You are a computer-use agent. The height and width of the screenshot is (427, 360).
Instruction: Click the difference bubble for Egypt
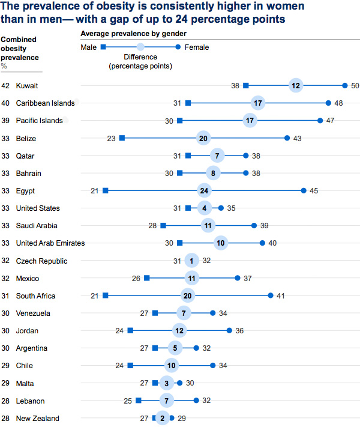pos(204,191)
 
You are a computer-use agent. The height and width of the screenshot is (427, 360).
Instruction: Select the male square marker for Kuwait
pos(246,86)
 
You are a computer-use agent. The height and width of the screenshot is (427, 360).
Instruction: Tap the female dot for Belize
pos(287,138)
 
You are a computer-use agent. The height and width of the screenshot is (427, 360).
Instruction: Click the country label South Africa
pos(36,296)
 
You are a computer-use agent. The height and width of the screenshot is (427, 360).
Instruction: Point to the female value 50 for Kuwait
pos(355,86)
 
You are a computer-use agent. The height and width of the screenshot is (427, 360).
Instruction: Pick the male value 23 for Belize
pos(111,138)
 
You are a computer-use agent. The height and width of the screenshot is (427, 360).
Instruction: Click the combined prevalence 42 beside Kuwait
pos(6,86)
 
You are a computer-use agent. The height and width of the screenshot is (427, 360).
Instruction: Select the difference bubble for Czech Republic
pos(191,261)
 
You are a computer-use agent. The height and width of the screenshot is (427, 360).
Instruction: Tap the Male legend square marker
pos(103,47)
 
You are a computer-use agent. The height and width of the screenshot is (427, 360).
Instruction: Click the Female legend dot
pos(178,47)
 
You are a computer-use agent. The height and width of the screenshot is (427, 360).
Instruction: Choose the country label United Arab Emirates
pos(50,243)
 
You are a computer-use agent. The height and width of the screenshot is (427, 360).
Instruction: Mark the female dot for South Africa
pos(271,295)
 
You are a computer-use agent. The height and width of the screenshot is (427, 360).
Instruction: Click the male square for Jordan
pos(130,331)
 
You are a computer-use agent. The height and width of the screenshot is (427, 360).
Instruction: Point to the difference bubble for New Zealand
pos(162,418)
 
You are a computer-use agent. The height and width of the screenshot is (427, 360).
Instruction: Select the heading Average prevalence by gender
pos(133,34)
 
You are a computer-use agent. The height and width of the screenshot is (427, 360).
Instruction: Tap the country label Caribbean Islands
pos(46,103)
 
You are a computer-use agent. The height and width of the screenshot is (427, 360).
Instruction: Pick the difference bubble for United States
pos(204,208)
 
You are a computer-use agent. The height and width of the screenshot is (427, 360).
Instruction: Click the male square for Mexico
pos(147,278)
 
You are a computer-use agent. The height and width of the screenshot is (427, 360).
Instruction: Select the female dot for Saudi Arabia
pos(254,226)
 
